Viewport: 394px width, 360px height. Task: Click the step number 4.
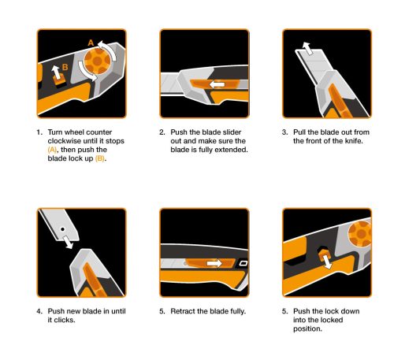point(39,311)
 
